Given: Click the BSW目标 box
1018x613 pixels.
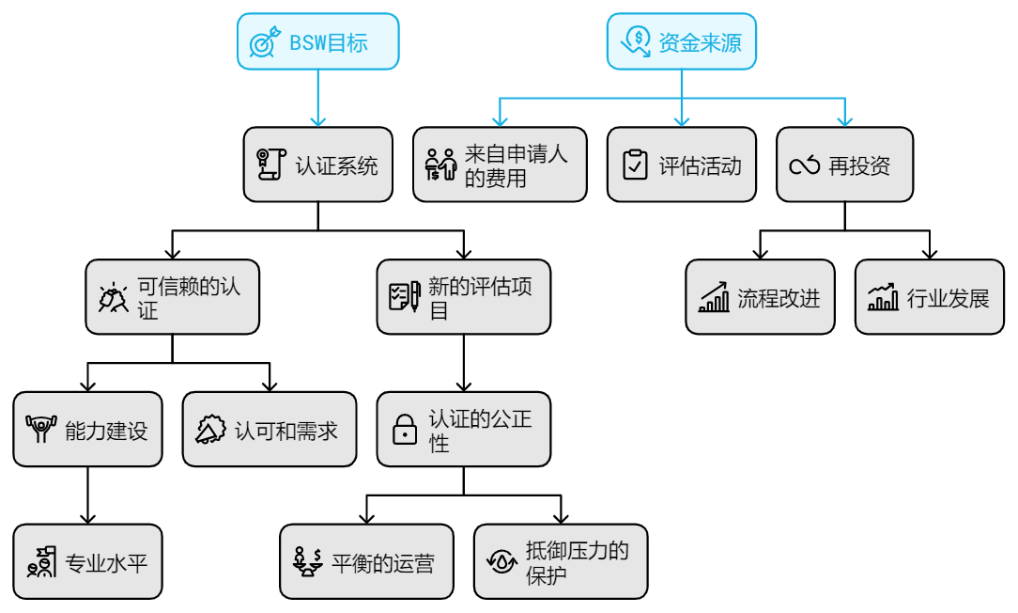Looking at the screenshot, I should [317, 41].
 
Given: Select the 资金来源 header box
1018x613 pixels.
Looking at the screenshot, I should [681, 41].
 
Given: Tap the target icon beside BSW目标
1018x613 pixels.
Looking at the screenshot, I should [265, 42].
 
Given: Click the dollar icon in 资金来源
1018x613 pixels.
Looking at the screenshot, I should [636, 40].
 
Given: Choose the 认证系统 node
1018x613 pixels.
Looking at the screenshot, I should [317, 165].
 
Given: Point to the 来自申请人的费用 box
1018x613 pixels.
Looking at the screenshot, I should [500, 165].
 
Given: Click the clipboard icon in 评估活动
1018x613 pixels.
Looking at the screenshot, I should [636, 165].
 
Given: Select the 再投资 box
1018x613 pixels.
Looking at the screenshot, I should [844, 165].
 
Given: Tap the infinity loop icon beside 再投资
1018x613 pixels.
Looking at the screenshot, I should [805, 165].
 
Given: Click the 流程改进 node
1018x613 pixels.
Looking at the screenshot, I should [760, 297].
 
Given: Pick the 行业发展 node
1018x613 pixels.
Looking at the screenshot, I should [929, 297].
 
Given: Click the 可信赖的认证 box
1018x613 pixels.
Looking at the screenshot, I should [172, 297].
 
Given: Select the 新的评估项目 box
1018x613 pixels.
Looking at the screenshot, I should [463, 297].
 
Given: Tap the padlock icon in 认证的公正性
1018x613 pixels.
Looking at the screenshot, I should [405, 429].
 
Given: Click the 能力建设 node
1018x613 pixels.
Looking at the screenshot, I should [87, 430].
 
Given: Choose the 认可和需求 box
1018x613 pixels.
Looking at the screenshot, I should [269, 430].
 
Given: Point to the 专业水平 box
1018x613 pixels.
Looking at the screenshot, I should [87, 562].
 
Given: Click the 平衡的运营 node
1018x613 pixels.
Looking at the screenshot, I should [366, 562].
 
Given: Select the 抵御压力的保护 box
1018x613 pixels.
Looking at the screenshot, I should [561, 562].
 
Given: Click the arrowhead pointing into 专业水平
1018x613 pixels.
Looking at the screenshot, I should [88, 517].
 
